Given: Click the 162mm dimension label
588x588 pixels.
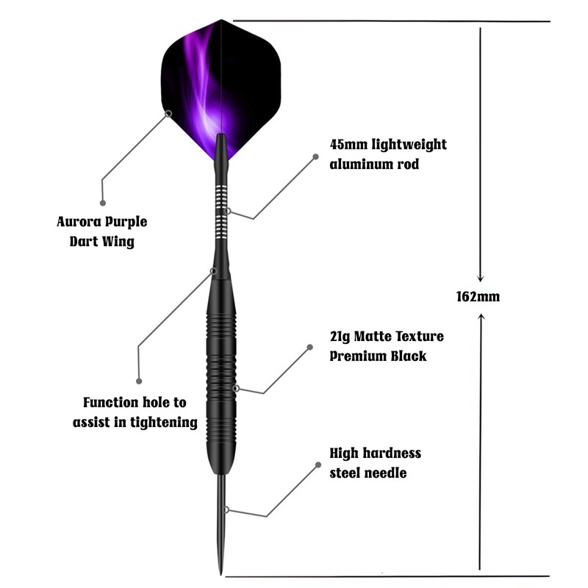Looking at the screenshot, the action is click(x=478, y=297).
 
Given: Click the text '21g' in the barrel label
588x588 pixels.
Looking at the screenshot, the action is click(x=340, y=337).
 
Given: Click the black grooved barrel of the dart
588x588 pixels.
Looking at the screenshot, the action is click(x=220, y=367).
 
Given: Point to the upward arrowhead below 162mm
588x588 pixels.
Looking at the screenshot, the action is click(x=480, y=315).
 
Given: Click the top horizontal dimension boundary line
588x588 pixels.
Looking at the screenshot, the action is click(x=390, y=21).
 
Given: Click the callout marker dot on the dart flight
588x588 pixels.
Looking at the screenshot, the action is click(x=169, y=113).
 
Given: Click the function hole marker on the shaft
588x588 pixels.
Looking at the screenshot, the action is click(x=214, y=270).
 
